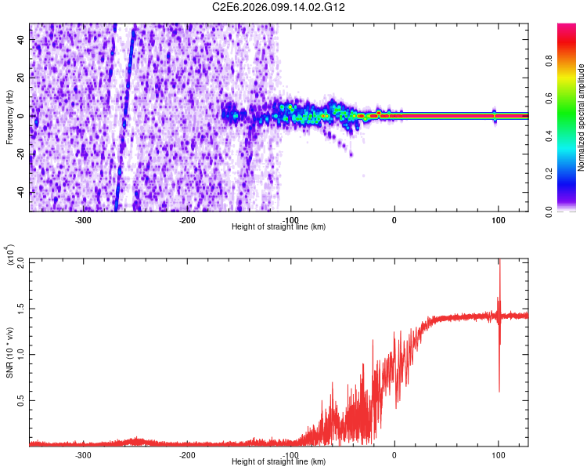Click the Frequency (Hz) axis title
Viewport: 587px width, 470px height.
pos(9,117)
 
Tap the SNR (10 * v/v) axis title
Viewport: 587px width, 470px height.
pos(9,352)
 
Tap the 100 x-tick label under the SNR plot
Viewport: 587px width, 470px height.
pos(498,455)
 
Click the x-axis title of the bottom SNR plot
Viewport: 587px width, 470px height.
pos(279,463)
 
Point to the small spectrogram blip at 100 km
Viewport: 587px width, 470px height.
pos(495,115)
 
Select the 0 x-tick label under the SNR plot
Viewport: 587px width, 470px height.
pos(394,455)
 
